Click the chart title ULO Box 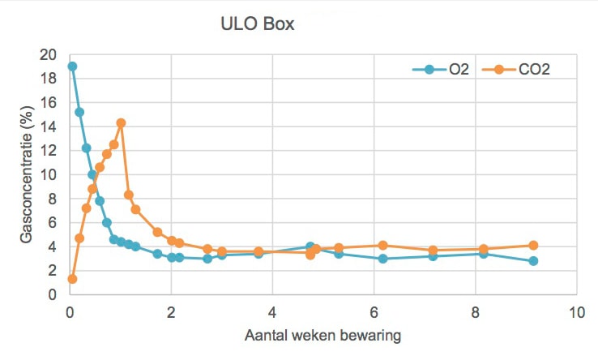(x=257, y=24)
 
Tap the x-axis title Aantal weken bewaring (x=322, y=334)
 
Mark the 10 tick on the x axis (x=576, y=312)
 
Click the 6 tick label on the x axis (x=374, y=312)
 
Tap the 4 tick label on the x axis (x=272, y=312)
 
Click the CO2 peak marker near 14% (x=121, y=123)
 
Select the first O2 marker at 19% (x=72, y=66)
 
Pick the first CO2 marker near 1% (x=72, y=279)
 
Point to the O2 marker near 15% (x=79, y=112)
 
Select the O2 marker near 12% (x=86, y=148)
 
